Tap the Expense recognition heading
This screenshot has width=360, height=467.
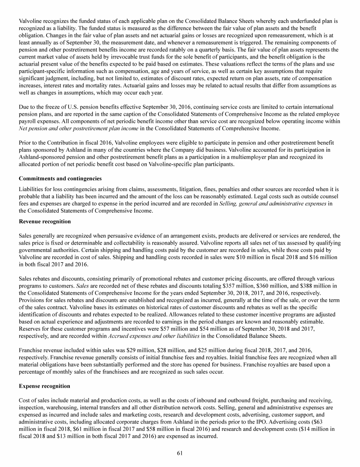(44, 386)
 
